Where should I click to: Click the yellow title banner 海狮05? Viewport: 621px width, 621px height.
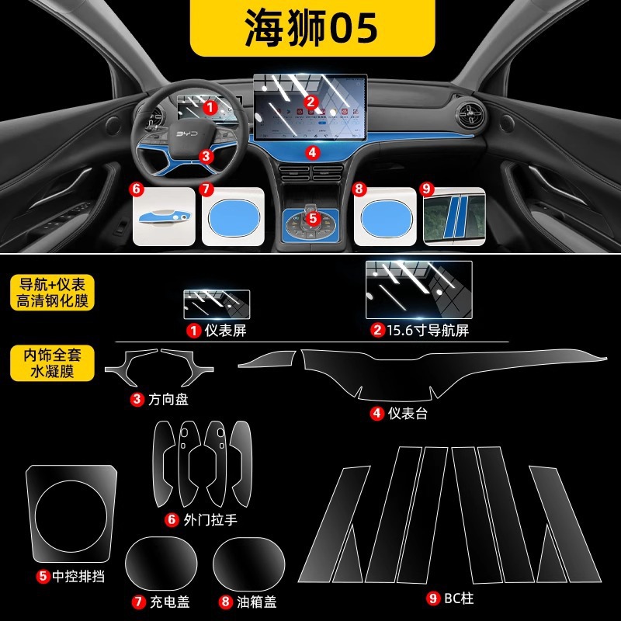(310, 29)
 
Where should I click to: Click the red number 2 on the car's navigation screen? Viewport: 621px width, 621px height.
(310, 101)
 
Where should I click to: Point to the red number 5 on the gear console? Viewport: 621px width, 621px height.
(312, 219)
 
